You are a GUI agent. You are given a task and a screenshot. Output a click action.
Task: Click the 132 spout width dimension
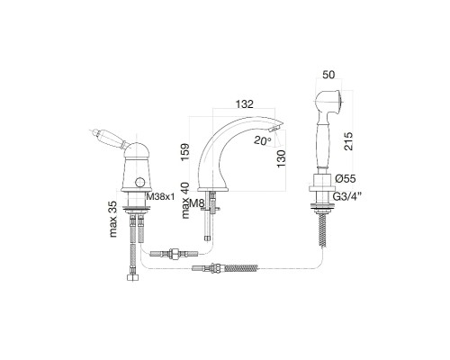(x=245, y=104)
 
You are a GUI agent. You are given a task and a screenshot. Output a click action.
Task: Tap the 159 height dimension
(x=185, y=152)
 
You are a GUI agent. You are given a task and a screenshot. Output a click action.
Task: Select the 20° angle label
(x=262, y=140)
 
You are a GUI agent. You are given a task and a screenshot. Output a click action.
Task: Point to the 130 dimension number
(x=281, y=158)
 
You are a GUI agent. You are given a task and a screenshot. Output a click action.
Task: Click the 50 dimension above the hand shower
(x=328, y=75)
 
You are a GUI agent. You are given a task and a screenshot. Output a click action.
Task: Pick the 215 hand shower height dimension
(x=349, y=141)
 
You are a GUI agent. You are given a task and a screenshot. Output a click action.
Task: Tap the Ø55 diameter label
(x=346, y=179)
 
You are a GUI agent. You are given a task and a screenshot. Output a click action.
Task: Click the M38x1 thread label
(x=160, y=197)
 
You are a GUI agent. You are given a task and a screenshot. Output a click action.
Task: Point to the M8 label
(x=197, y=203)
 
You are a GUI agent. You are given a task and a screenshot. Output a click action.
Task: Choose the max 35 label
(x=113, y=218)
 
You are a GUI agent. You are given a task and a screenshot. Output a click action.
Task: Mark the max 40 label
(x=185, y=201)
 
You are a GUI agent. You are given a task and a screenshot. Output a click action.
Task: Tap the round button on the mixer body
(x=139, y=182)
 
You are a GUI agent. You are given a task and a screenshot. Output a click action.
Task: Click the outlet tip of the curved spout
(x=275, y=129)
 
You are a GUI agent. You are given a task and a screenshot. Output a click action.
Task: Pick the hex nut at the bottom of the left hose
(x=132, y=277)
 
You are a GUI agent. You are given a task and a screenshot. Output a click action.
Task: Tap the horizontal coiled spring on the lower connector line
(x=241, y=267)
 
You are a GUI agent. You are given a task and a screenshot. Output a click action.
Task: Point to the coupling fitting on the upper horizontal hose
(x=174, y=254)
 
